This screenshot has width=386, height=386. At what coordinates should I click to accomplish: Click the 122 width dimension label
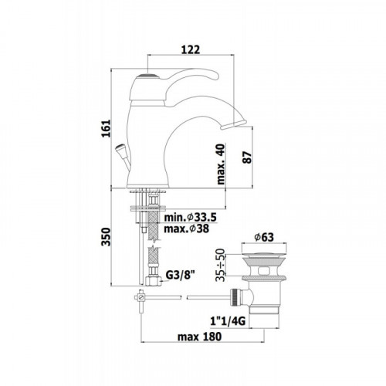191,49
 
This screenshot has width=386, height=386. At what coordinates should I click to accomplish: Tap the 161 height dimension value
106,128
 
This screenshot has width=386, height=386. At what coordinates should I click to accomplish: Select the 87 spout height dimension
247,157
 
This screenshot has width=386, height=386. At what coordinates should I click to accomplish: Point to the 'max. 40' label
221,164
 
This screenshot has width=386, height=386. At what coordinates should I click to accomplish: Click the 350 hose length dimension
106,236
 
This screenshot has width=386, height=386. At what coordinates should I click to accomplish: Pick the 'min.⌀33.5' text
190,218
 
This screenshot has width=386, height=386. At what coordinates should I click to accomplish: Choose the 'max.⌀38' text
187,229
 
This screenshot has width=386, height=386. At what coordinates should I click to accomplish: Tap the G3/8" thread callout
180,276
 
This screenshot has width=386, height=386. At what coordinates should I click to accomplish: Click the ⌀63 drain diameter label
264,237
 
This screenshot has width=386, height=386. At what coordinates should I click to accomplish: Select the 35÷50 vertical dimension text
221,265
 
